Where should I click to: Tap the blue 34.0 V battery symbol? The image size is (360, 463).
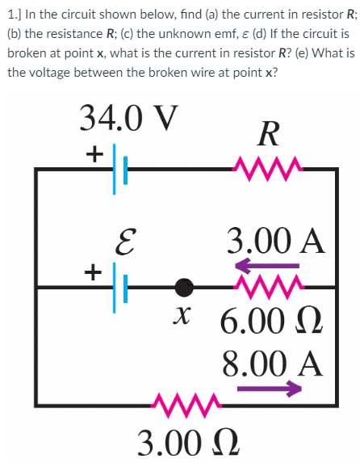[x=115, y=169]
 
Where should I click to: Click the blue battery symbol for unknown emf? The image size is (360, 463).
[x=115, y=284]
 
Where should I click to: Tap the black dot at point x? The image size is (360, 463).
[x=186, y=285]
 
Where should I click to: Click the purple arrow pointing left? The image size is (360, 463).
[x=267, y=264]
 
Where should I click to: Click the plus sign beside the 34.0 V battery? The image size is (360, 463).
[x=95, y=152]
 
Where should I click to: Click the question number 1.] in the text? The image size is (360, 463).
[x=14, y=14]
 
